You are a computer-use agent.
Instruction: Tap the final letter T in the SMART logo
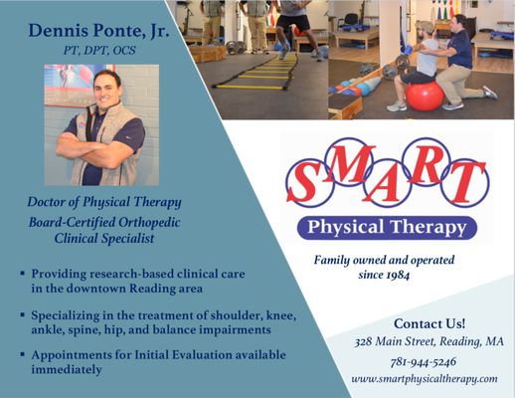(467, 180)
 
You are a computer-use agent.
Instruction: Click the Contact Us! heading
(429, 324)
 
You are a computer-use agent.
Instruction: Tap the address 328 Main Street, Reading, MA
(429, 342)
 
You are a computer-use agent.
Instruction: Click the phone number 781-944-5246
(429, 362)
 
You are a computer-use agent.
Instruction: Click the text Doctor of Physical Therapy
(103, 203)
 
